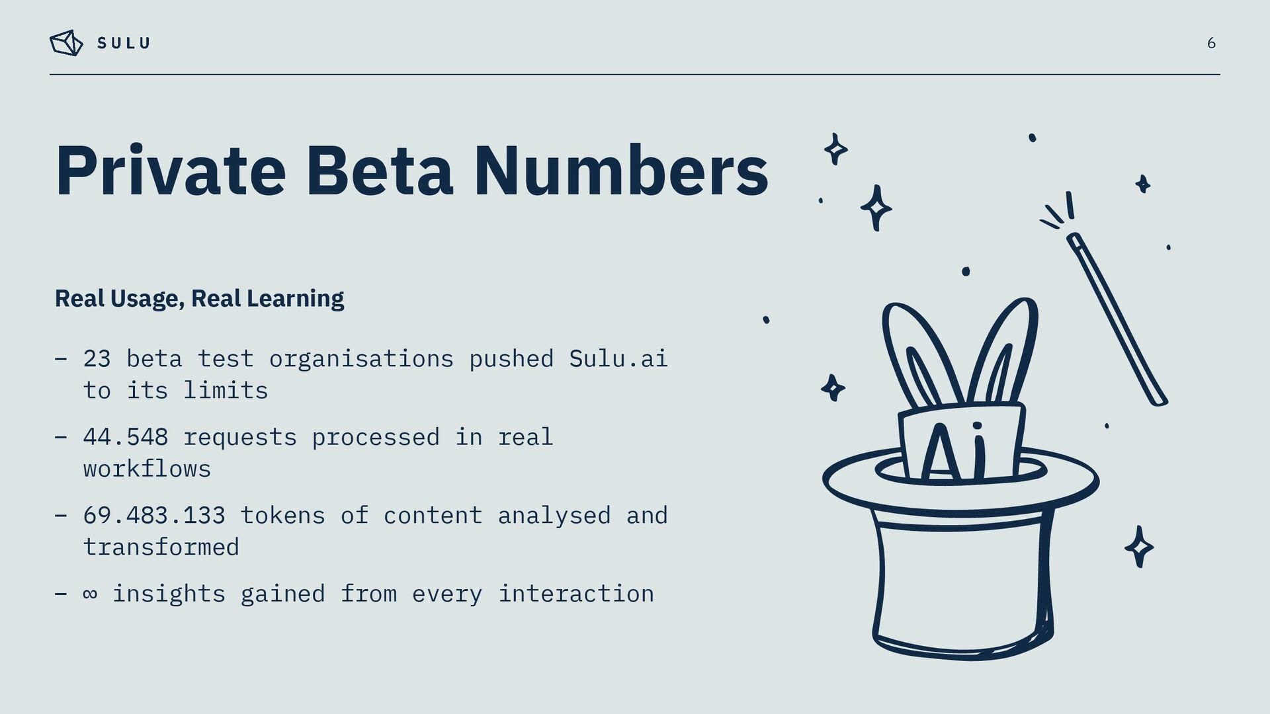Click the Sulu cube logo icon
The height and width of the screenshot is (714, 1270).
tap(66, 43)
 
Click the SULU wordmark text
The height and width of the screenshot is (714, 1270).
tap(124, 44)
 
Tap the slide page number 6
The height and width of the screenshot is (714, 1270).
tap(1211, 44)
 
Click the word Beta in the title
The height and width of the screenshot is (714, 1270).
tap(379, 172)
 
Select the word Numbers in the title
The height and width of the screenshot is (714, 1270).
tap(620, 172)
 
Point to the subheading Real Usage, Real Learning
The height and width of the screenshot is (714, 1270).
tap(199, 299)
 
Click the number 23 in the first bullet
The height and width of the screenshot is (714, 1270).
tap(97, 359)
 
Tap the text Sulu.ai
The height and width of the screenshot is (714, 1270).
tap(618, 359)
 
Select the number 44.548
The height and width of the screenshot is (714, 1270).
tap(126, 438)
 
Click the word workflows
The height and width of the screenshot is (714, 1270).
tap(147, 469)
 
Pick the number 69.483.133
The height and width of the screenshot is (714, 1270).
tap(154, 516)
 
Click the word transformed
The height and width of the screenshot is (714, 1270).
tap(161, 547)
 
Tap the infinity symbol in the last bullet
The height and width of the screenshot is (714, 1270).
tap(90, 594)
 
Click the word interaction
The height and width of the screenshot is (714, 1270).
tap(575, 594)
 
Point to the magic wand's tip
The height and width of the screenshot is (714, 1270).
tap(1074, 239)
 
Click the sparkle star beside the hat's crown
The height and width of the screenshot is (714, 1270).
tap(1139, 547)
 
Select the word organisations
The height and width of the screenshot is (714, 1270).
tap(361, 359)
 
